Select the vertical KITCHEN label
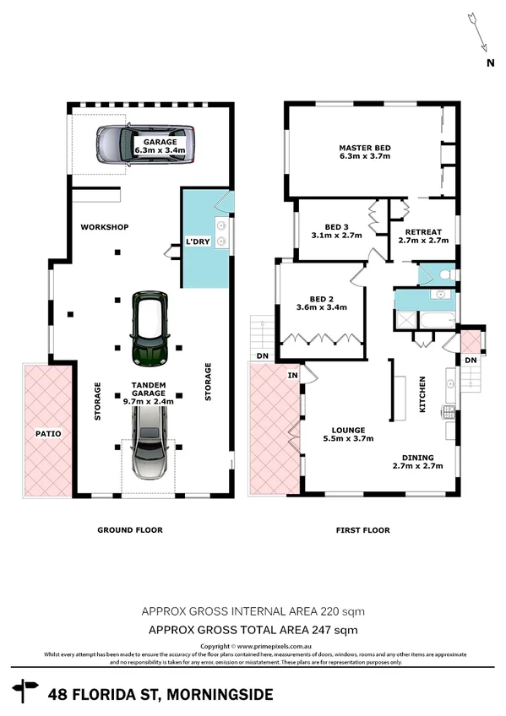tap(423, 394)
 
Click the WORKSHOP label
tap(104, 227)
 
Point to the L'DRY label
tap(198, 243)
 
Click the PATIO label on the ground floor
tap(47, 433)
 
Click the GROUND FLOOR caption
tap(129, 530)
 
